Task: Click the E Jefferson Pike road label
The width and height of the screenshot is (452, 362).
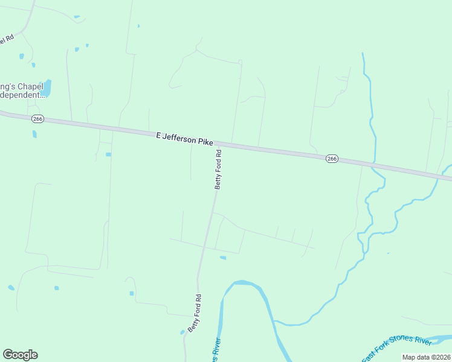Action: [184, 139]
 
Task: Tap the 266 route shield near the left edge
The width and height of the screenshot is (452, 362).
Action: [37, 119]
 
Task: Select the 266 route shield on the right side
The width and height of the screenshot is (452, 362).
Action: [331, 158]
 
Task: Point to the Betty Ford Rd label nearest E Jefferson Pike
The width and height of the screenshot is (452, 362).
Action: [219, 170]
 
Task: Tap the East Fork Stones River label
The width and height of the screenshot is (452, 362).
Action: [397, 349]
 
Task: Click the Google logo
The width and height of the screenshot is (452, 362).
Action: [20, 355]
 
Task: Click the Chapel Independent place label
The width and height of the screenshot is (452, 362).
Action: [22, 91]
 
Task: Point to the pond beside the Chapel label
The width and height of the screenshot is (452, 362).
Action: [46, 88]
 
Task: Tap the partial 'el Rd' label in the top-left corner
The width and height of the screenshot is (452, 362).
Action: [6, 40]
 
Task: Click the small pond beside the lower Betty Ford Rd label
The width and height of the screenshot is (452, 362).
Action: [182, 332]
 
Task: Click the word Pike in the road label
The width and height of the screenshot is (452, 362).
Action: [205, 141]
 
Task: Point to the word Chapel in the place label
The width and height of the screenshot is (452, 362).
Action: [29, 86]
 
